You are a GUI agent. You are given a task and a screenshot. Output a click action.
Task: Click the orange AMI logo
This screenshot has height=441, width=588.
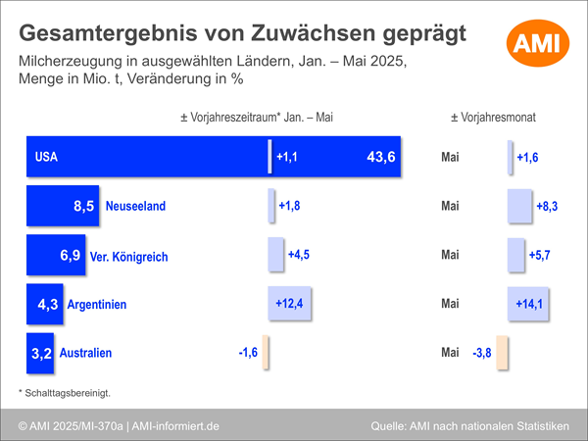538,43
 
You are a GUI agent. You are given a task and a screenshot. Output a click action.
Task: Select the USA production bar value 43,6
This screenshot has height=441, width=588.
380,157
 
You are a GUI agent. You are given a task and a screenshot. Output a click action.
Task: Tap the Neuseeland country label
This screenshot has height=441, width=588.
135,206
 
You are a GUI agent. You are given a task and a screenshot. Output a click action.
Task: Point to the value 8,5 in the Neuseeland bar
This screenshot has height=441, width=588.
83,206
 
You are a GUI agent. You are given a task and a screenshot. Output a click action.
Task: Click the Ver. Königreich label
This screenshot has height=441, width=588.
128,257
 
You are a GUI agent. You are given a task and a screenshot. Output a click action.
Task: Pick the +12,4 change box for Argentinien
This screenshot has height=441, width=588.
289,304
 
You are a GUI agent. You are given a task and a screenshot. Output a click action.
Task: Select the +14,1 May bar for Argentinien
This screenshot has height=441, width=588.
528,304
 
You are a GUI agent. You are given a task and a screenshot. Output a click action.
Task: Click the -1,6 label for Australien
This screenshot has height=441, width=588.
248,353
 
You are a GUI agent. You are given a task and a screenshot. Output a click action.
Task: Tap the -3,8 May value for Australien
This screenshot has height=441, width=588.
482,353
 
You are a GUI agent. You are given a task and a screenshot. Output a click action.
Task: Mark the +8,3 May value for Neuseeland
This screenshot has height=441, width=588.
547,206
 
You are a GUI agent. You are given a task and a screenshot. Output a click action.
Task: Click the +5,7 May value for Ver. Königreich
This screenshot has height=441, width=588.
539,256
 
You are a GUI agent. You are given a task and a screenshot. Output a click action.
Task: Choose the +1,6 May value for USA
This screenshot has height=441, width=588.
527,158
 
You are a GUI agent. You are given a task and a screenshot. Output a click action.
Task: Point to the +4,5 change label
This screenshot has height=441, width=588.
299,255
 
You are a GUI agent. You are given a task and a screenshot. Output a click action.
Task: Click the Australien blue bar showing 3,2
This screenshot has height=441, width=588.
40,353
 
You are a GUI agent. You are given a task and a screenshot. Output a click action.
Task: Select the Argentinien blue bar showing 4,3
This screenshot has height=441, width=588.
45,304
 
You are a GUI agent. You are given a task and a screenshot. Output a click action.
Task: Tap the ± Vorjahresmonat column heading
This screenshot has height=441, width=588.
493,118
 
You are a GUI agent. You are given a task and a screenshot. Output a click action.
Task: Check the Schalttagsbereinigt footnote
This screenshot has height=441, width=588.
65,393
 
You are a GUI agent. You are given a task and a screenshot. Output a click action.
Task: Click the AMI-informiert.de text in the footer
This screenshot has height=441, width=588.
175,426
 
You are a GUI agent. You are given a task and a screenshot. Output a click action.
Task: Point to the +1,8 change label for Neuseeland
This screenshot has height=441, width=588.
289,206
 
